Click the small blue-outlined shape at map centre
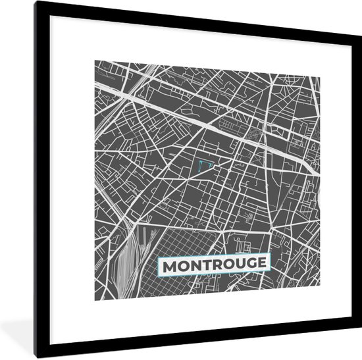pyautogui.click(x=206, y=164)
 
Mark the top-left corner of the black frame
pyautogui.click(x=36, y=3)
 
